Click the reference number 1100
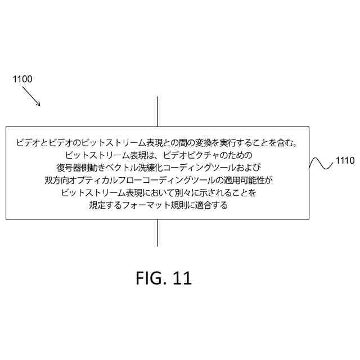coord(22,79)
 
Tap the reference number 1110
coord(344,161)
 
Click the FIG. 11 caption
coord(164,278)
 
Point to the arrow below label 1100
coord(32,97)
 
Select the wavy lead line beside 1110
coord(321,163)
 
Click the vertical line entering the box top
coord(157,111)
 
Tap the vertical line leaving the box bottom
coord(157,232)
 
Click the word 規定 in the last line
coord(98,205)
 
